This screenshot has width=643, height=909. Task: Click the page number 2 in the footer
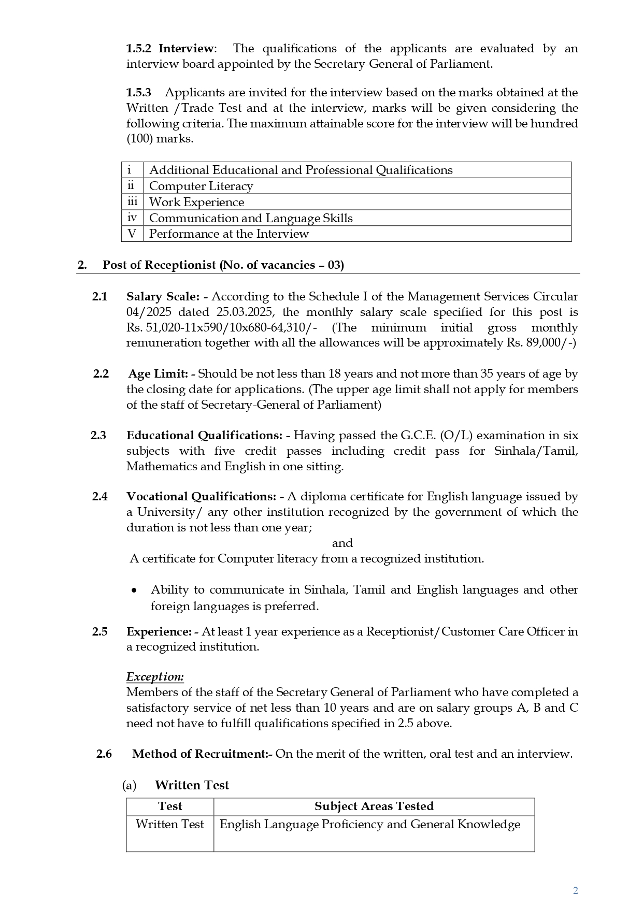click(575, 890)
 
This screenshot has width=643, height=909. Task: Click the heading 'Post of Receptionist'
click(223, 265)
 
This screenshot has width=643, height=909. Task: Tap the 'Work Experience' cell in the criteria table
click(196, 202)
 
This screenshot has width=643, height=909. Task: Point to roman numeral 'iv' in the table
click(132, 218)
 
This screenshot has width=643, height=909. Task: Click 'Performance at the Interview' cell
click(228, 234)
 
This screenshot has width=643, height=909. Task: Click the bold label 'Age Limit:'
click(158, 373)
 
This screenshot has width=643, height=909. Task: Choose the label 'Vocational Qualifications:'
click(201, 496)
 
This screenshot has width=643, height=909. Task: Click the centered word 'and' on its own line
click(342, 543)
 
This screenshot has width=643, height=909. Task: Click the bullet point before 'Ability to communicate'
click(134, 590)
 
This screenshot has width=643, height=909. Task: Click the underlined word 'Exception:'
click(155, 676)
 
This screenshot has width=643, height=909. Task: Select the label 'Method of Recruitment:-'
click(202, 754)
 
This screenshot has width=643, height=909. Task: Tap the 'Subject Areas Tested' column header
click(374, 806)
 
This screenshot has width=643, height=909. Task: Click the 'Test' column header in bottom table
click(170, 806)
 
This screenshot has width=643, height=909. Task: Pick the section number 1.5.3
click(139, 92)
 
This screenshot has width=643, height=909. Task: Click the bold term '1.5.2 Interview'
click(169, 48)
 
